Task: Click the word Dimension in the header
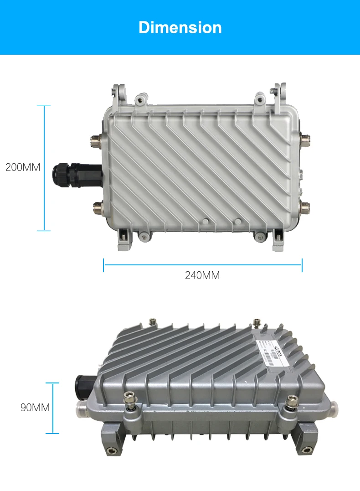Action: click(x=180, y=27)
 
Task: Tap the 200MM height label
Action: click(x=23, y=167)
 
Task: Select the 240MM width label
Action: click(x=202, y=275)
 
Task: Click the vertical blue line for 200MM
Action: click(x=44, y=168)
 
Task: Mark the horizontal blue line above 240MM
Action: click(x=203, y=263)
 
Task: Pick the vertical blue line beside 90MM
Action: click(x=53, y=408)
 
